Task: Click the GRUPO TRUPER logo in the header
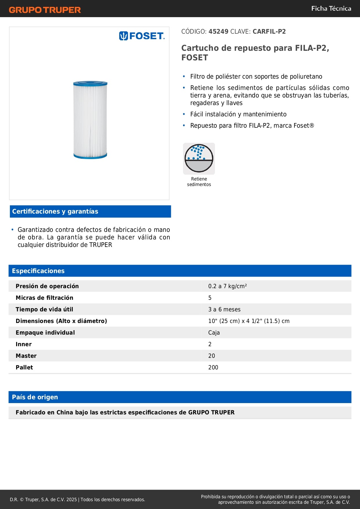pyautogui.click(x=45, y=10)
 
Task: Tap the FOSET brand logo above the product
pyautogui.click(x=142, y=36)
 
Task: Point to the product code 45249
pyautogui.click(x=218, y=32)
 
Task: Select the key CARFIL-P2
pyautogui.click(x=269, y=32)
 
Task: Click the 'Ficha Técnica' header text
pyautogui.click(x=331, y=9)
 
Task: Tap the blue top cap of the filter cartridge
pyautogui.click(x=90, y=84)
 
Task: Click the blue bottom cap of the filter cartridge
pyautogui.click(x=90, y=156)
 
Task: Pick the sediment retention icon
pyautogui.click(x=199, y=158)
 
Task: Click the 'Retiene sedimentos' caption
pyautogui.click(x=199, y=182)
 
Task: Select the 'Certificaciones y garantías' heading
pyautogui.click(x=55, y=212)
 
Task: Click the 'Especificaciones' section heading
pyautogui.click(x=38, y=271)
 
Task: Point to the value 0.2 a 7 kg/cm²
pyautogui.click(x=227, y=286)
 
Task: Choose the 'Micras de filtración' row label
pyautogui.click(x=44, y=298)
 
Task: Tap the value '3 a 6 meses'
pyautogui.click(x=224, y=309)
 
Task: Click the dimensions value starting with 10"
pyautogui.click(x=249, y=321)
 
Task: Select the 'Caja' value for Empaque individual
pyautogui.click(x=214, y=333)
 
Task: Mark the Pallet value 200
pyautogui.click(x=213, y=367)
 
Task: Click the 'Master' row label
pyautogui.click(x=26, y=356)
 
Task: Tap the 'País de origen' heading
pyautogui.click(x=35, y=397)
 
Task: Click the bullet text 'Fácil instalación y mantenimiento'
pyautogui.click(x=238, y=114)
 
